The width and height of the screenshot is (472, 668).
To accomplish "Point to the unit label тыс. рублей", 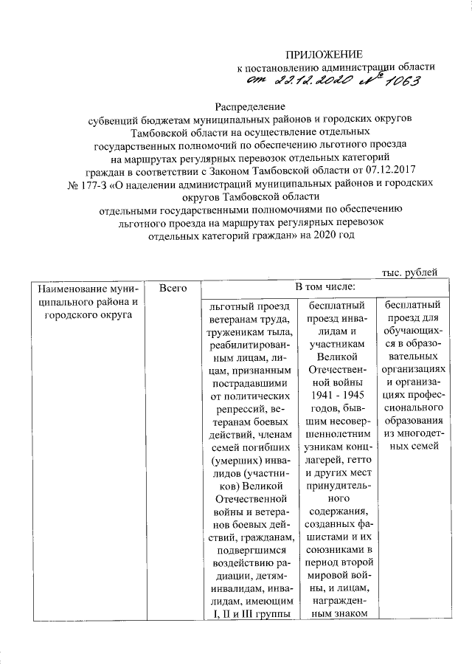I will click(x=409, y=272).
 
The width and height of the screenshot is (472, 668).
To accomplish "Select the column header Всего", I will click(x=172, y=286).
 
